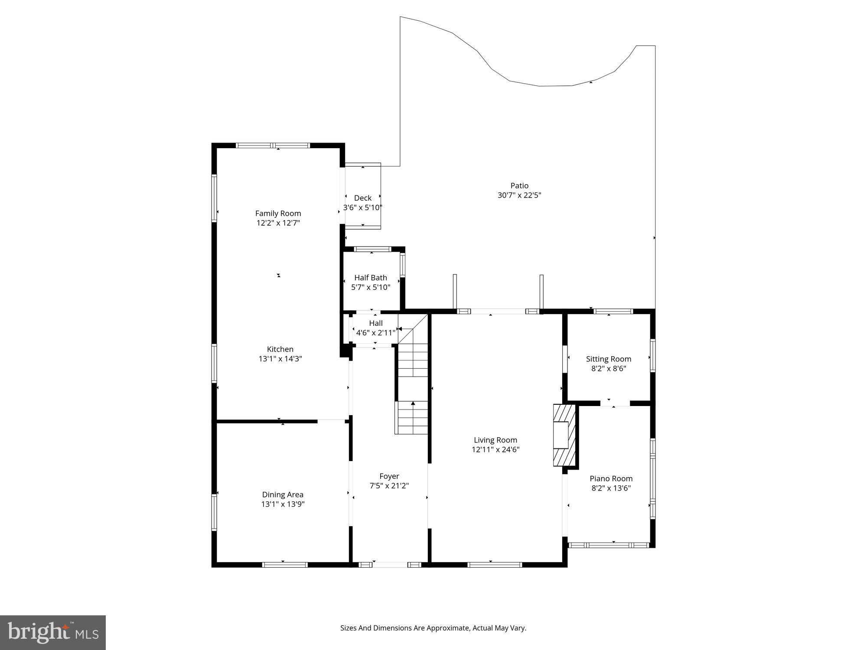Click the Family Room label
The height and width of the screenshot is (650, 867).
click(278, 213)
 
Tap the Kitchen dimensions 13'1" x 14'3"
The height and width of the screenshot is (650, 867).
click(280, 359)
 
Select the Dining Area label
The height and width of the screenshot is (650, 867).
click(283, 494)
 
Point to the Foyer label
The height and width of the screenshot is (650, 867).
click(389, 476)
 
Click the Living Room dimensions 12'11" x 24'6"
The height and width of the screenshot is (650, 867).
click(495, 449)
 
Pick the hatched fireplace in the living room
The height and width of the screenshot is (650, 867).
click(564, 435)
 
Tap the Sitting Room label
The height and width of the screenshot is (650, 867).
click(608, 359)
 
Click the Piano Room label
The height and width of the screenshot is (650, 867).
click(611, 478)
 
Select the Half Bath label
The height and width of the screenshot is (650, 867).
click(371, 278)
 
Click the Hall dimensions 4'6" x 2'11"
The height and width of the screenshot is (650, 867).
click(375, 333)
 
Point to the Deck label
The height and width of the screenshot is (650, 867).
click(362, 198)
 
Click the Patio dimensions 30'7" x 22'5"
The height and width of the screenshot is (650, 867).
click(519, 195)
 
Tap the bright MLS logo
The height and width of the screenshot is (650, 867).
click(53, 633)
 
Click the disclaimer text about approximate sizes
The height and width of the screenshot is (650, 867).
click(433, 628)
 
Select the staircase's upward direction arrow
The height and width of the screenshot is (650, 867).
click(413, 404)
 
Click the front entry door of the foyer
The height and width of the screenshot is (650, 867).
click(390, 565)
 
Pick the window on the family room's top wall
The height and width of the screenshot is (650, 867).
click(273, 146)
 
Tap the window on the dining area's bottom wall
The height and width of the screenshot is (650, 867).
click(285, 565)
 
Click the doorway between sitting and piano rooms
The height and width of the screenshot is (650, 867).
click(615, 403)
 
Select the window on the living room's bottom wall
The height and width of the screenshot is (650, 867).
click(495, 565)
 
